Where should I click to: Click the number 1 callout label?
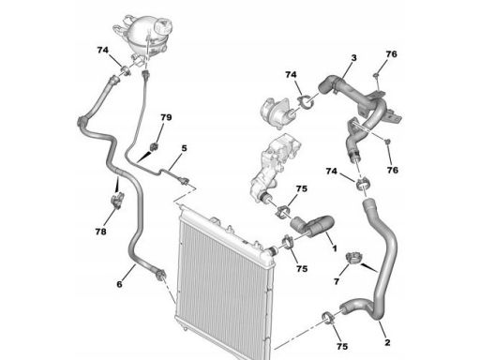click(x=335, y=248)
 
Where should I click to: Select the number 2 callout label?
click(x=387, y=342)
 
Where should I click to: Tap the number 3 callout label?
click(x=353, y=58)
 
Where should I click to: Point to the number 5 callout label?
click(x=184, y=148)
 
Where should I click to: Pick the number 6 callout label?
click(x=119, y=284)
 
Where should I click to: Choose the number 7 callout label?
click(x=337, y=281)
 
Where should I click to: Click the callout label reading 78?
click(x=100, y=232)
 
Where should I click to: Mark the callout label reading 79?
click(x=166, y=117)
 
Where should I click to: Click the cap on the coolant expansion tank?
click(x=163, y=25)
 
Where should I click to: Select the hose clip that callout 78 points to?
click(x=118, y=200)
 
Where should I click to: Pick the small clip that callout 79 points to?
click(x=155, y=146)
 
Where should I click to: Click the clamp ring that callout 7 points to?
click(x=354, y=258)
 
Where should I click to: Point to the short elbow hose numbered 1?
click(x=312, y=226)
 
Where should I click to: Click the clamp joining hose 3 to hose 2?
click(x=363, y=183)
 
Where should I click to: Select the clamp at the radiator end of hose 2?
click(x=328, y=317)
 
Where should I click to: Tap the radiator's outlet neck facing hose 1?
click(x=271, y=250)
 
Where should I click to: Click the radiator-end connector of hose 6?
click(x=160, y=276)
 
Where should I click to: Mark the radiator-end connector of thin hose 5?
click(x=185, y=181)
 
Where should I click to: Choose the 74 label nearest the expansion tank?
click(x=102, y=50)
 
